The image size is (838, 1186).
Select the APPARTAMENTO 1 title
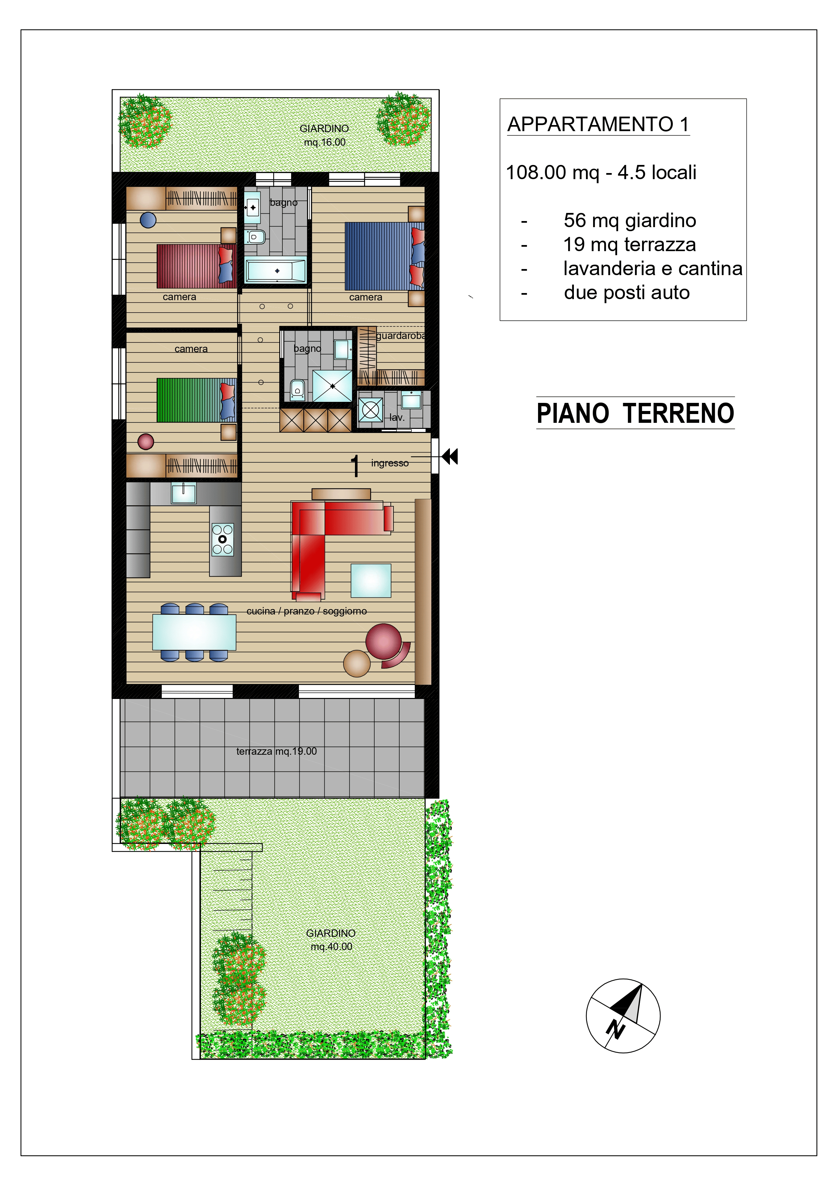click(599, 124)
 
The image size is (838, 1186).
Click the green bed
click(196, 400)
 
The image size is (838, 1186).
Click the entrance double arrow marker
click(450, 457)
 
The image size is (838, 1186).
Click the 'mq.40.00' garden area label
click(331, 946)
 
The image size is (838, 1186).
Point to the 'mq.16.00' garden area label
click(325, 142)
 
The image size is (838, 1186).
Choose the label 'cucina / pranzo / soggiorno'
click(307, 611)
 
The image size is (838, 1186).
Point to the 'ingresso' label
click(390, 463)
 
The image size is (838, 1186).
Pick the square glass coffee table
click(371, 581)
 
